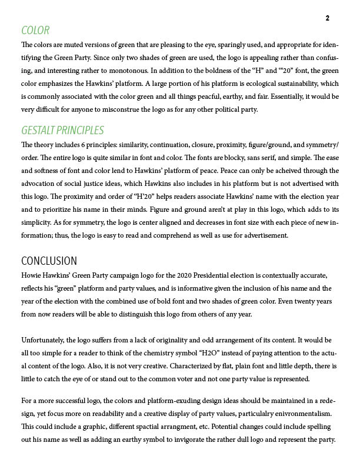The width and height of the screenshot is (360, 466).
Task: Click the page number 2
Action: pos(327,18)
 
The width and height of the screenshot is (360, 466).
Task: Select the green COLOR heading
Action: pos(35,31)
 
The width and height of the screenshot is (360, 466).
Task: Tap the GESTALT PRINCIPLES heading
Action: pos(62,131)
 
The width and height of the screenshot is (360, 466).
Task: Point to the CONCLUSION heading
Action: pos(49,261)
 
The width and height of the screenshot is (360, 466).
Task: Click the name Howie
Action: pos(31,275)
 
